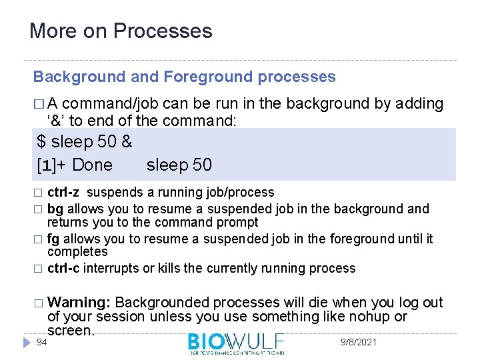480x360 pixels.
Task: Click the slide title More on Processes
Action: [121, 31]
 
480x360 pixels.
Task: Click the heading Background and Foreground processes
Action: [184, 77]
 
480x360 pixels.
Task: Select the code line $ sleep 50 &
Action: [84, 142]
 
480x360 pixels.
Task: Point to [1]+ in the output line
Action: [52, 165]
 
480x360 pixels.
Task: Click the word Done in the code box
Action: [92, 165]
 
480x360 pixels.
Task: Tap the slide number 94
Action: [41, 342]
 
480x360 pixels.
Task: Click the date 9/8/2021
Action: [358, 342]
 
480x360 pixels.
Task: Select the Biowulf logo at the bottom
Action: [236, 343]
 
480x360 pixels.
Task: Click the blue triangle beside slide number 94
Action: [26, 342]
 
